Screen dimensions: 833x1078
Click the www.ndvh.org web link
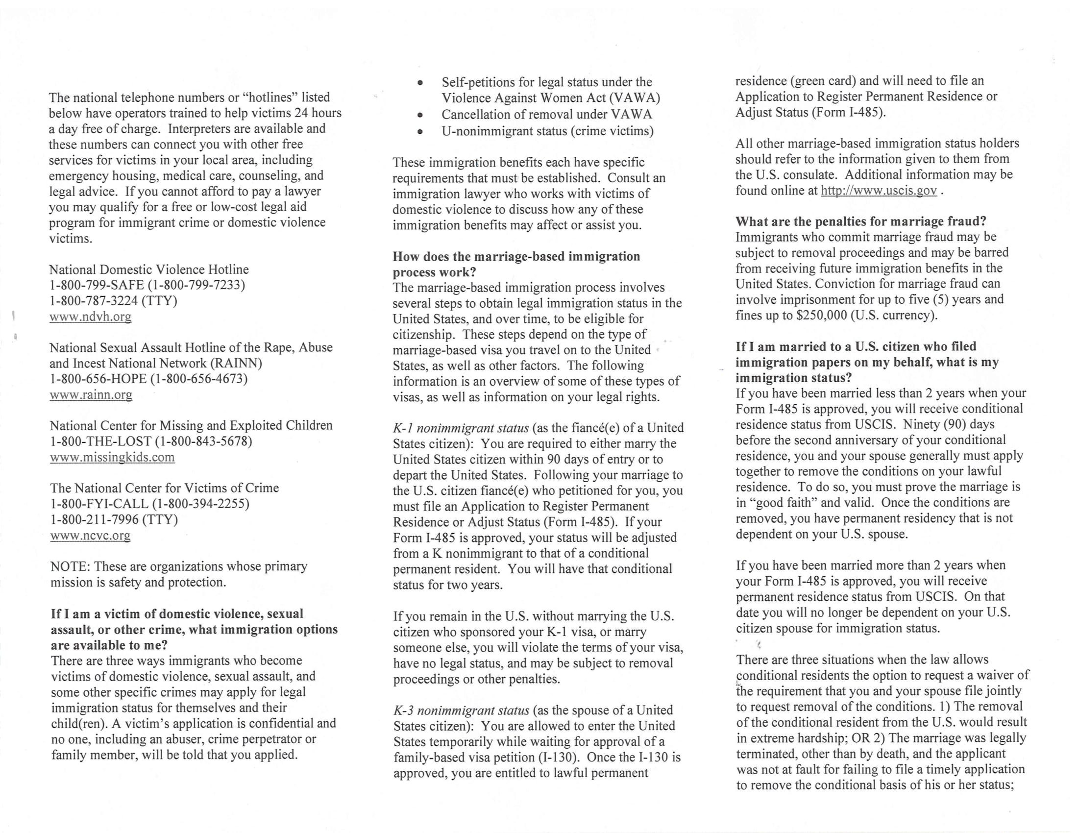[x=90, y=317]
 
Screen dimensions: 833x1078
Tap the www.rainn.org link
[x=91, y=395]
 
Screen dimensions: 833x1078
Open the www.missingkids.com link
[x=112, y=457]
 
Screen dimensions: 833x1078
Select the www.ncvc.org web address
[x=90, y=536]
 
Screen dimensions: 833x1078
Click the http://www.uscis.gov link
[x=879, y=191]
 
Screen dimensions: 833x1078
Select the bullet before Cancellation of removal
[x=420, y=116]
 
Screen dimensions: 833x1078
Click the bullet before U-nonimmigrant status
[x=420, y=132]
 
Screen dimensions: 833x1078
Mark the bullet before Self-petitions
[x=420, y=83]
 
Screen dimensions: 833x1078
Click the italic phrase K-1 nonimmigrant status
[x=461, y=428]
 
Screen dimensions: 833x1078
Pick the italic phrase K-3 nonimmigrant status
[x=461, y=710]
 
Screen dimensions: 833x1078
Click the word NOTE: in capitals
[x=70, y=566]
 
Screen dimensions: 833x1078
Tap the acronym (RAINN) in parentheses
[x=236, y=364]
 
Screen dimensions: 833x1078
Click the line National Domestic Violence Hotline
[x=148, y=269]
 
